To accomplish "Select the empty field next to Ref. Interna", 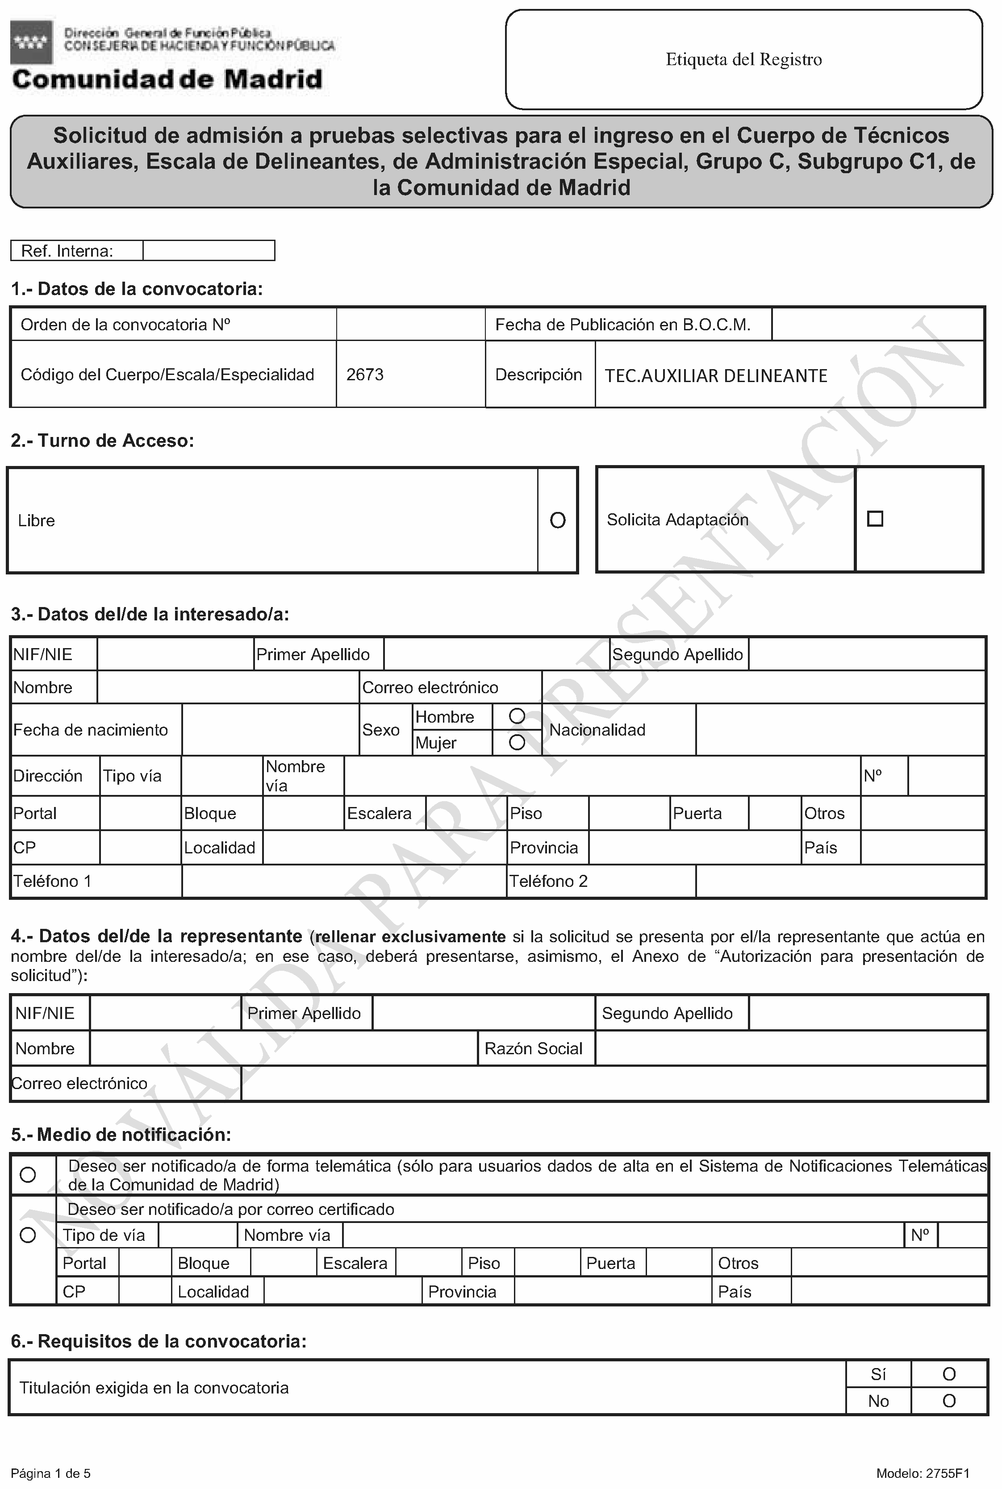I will [209, 250].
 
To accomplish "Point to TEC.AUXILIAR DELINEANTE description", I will [716, 376].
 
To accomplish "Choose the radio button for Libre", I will [557, 520].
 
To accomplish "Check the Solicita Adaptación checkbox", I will [875, 519].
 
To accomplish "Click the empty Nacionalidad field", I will [839, 729].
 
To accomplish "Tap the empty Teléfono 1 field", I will [344, 882].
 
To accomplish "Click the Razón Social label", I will [534, 1048].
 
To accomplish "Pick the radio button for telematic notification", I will [28, 1175].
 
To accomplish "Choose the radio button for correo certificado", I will [28, 1235].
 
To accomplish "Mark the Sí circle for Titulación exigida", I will [949, 1374].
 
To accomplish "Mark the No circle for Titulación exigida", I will [949, 1401].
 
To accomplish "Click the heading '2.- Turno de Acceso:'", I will [102, 441].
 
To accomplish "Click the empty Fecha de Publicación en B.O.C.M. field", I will [877, 324].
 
